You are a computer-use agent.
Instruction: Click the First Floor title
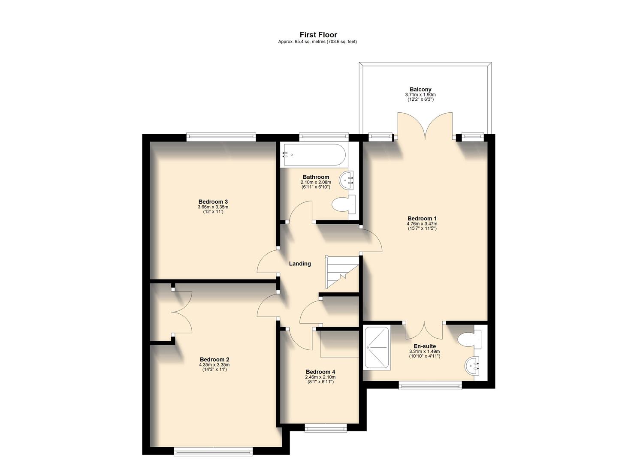318,35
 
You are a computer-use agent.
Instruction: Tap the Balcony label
420,90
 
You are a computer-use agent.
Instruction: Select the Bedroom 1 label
422,218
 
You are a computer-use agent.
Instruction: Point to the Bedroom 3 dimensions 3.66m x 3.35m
213,207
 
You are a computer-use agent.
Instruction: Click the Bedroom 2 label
214,359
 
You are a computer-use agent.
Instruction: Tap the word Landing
299,264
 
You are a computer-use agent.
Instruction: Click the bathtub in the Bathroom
312,155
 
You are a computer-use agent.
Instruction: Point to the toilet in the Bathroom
344,204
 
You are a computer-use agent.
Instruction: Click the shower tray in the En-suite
377,347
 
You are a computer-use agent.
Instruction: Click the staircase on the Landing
342,272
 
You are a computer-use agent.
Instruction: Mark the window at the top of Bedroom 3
221,137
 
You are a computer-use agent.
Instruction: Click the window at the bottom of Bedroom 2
213,451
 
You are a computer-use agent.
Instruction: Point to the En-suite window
430,385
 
